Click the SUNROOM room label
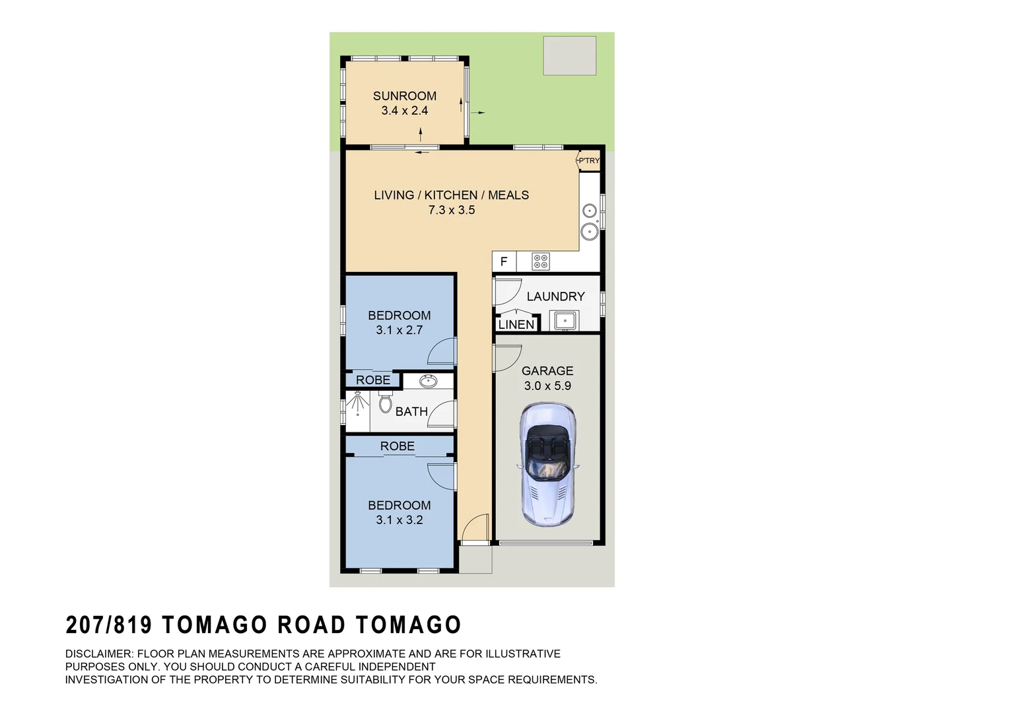[404, 96]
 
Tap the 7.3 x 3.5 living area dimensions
[451, 211]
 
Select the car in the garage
[547, 465]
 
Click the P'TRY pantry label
[589, 160]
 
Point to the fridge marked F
[504, 262]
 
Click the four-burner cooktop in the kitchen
[541, 262]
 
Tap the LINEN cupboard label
[516, 325]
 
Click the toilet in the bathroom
[386, 402]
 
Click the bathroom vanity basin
[428, 381]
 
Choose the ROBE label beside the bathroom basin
[373, 380]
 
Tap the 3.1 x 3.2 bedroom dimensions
[400, 520]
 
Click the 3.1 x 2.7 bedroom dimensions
[400, 330]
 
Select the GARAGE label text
[547, 371]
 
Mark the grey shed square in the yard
[569, 55]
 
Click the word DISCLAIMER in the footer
[98, 654]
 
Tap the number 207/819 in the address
[109, 625]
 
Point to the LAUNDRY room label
[555, 297]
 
